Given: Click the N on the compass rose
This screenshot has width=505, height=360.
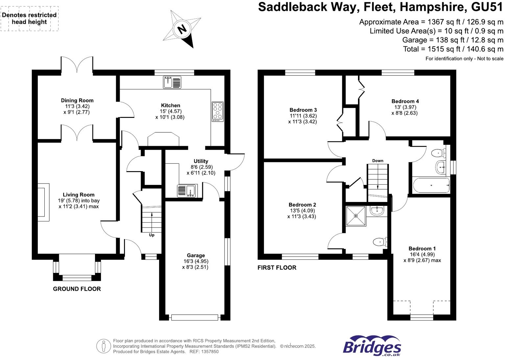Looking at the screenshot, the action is [x=182, y=29].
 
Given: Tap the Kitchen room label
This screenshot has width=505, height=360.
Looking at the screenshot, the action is [x=170, y=105].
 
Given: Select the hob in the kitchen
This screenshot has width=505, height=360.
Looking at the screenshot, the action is [x=218, y=112].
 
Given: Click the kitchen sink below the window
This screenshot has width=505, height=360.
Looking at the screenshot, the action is [x=172, y=82].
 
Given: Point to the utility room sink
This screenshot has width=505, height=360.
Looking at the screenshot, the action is [x=187, y=191].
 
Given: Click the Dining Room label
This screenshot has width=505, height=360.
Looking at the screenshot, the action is [x=77, y=101].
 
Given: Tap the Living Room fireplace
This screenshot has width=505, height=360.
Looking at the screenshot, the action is [x=43, y=202].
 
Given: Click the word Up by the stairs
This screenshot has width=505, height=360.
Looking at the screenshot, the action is [x=152, y=235].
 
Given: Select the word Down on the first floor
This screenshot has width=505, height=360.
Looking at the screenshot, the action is [x=378, y=161].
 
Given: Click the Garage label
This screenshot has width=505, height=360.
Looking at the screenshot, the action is [x=196, y=255].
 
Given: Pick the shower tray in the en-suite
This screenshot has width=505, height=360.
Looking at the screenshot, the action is [x=356, y=216].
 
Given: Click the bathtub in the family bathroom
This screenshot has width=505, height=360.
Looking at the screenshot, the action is [x=431, y=185].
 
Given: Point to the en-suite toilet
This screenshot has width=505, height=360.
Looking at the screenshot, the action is [x=380, y=242].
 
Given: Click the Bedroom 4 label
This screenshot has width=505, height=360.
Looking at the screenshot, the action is [x=405, y=101].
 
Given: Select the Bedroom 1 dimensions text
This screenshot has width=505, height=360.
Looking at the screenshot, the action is [x=422, y=257].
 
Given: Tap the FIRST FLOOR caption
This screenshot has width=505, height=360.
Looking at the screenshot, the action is [x=277, y=268].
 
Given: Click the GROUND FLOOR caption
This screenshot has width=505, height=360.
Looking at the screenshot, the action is [x=77, y=289].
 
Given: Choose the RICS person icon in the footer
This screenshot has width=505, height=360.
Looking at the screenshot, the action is [x=104, y=346].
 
